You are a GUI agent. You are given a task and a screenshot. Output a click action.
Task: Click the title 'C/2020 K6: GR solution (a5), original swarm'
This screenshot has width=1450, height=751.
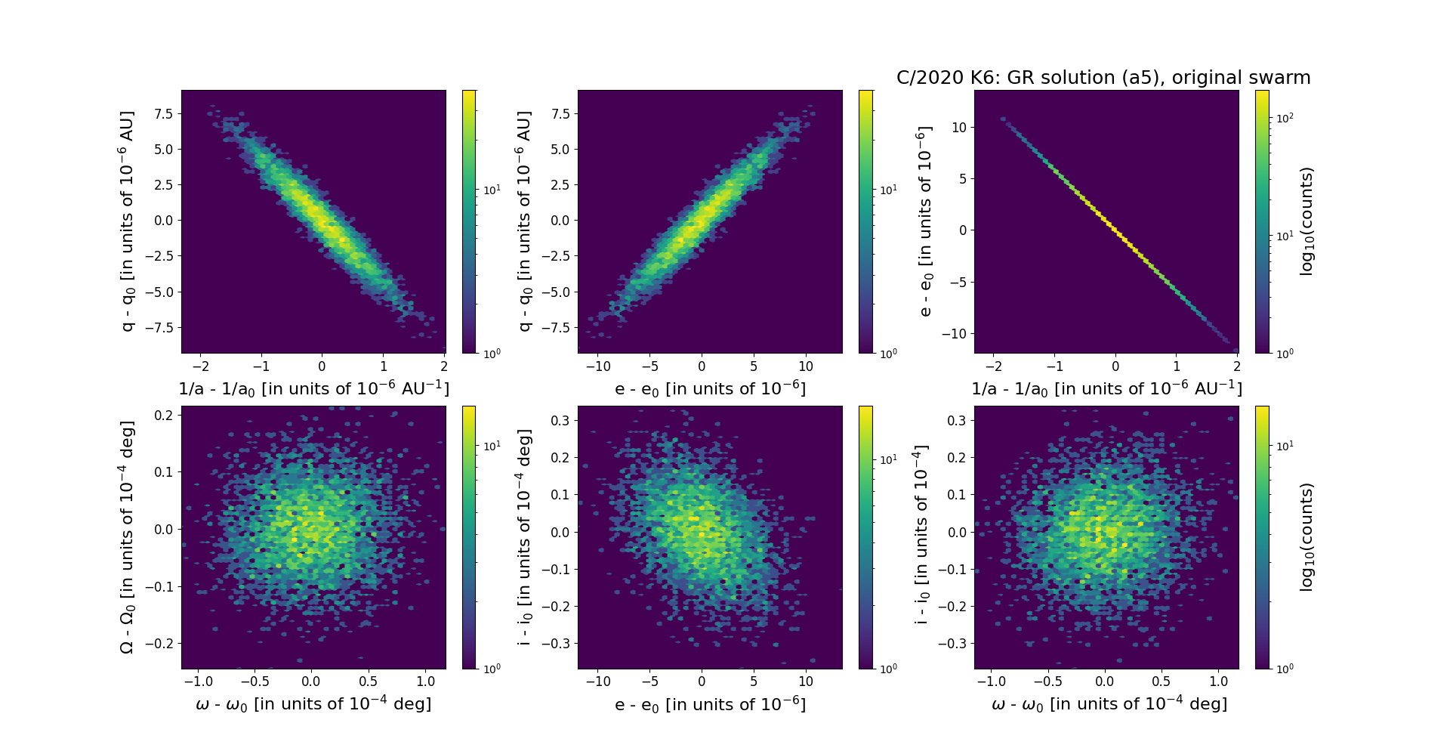[x=1103, y=78]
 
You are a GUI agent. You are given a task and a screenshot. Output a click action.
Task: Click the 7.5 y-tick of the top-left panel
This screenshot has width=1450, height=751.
[x=163, y=114]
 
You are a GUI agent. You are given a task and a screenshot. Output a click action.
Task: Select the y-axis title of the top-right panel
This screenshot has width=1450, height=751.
[x=924, y=221]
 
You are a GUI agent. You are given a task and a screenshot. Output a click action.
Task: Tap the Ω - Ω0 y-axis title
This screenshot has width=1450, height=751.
[x=127, y=537]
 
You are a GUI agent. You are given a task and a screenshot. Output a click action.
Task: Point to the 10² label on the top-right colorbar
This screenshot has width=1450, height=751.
[x=1285, y=118]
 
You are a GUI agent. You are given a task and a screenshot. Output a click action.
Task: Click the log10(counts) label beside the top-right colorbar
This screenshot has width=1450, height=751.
[x=1307, y=221]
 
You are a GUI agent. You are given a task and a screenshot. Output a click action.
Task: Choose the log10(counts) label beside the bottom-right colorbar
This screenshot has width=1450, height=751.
[x=1307, y=537]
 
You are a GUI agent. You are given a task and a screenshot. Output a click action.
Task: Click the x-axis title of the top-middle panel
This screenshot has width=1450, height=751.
[x=710, y=388]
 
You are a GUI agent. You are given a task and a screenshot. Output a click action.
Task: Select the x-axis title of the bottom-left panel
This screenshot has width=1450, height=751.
[x=313, y=704]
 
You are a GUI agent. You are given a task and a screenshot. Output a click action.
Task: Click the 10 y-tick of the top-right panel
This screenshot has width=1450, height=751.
[x=958, y=127]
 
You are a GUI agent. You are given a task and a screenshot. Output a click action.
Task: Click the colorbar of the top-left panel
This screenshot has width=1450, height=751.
[x=469, y=221]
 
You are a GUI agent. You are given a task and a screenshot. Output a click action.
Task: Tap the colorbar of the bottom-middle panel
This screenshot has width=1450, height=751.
[x=865, y=537]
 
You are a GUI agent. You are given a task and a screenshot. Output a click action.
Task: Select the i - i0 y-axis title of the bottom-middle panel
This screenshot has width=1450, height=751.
[x=524, y=537]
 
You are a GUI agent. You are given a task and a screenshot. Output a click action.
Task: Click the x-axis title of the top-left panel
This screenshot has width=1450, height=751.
[x=313, y=388]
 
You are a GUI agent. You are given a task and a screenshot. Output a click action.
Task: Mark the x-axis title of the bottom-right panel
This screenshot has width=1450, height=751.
[x=1109, y=704]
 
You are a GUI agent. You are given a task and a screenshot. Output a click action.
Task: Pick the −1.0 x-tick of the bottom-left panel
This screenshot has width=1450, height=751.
[x=198, y=681]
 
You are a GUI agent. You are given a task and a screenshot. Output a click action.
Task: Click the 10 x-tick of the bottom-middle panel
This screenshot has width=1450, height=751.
[x=806, y=681]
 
